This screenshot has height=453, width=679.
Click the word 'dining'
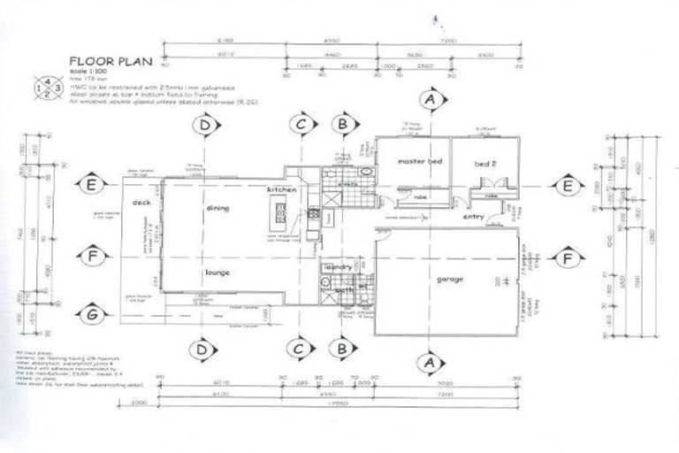click(217, 208)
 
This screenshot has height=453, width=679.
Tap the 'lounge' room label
click(217, 273)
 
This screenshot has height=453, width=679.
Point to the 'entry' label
click(473, 216)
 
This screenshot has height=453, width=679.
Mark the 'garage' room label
click(449, 280)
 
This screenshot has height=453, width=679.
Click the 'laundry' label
click(339, 266)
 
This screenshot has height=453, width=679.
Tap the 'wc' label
click(362, 285)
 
